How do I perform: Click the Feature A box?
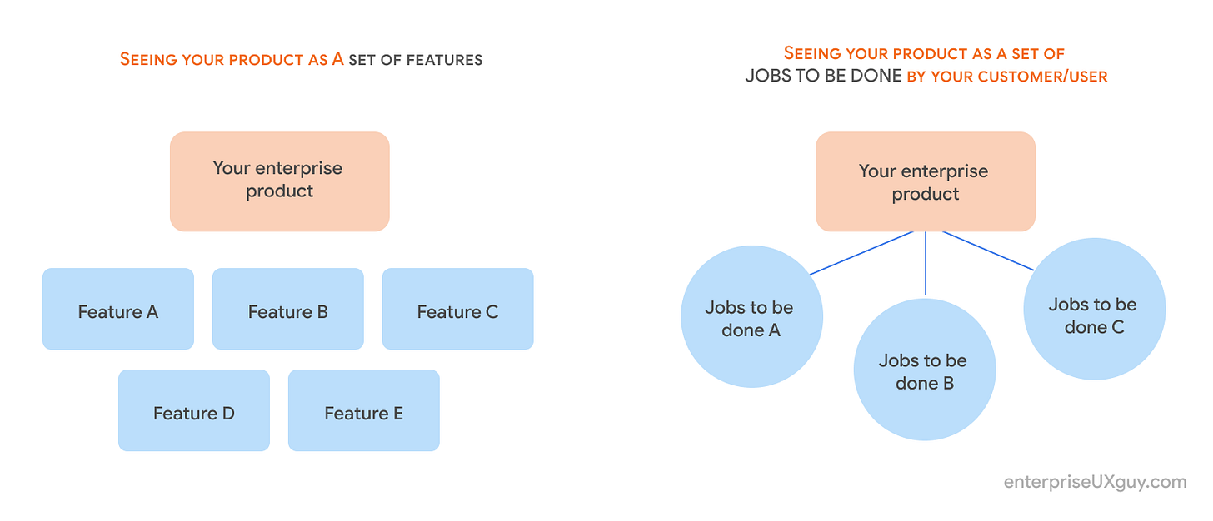click(x=118, y=309)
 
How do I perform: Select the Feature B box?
click(x=288, y=309)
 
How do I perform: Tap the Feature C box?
click(x=457, y=309)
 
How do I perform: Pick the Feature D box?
click(x=194, y=410)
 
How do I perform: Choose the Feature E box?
click(x=363, y=410)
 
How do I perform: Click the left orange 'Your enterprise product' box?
click(x=279, y=181)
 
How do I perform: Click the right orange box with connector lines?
click(x=925, y=181)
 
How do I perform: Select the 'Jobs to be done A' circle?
click(x=751, y=317)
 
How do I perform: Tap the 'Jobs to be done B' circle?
click(x=925, y=371)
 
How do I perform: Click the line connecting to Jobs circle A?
click(x=862, y=252)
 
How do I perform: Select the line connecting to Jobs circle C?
click(x=988, y=251)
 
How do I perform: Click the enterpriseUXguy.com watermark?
click(x=1095, y=482)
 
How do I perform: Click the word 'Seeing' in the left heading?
click(x=147, y=59)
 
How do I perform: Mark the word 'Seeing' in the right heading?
click(x=812, y=54)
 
